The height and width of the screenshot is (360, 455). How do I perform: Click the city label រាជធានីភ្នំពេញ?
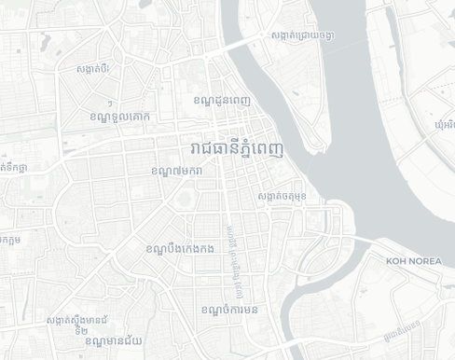(x=236, y=149)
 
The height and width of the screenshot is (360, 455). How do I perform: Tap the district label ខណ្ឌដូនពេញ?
(x=221, y=100)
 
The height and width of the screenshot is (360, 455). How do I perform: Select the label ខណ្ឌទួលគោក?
(x=119, y=117)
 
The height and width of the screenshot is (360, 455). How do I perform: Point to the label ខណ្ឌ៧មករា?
(x=176, y=172)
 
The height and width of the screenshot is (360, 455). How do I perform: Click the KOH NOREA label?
(x=414, y=261)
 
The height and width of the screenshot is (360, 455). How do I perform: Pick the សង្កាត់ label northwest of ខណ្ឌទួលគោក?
(x=94, y=68)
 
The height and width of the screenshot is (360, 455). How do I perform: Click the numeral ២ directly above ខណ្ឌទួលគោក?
(x=111, y=103)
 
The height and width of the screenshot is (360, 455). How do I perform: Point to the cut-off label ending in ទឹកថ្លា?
(x=10, y=168)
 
